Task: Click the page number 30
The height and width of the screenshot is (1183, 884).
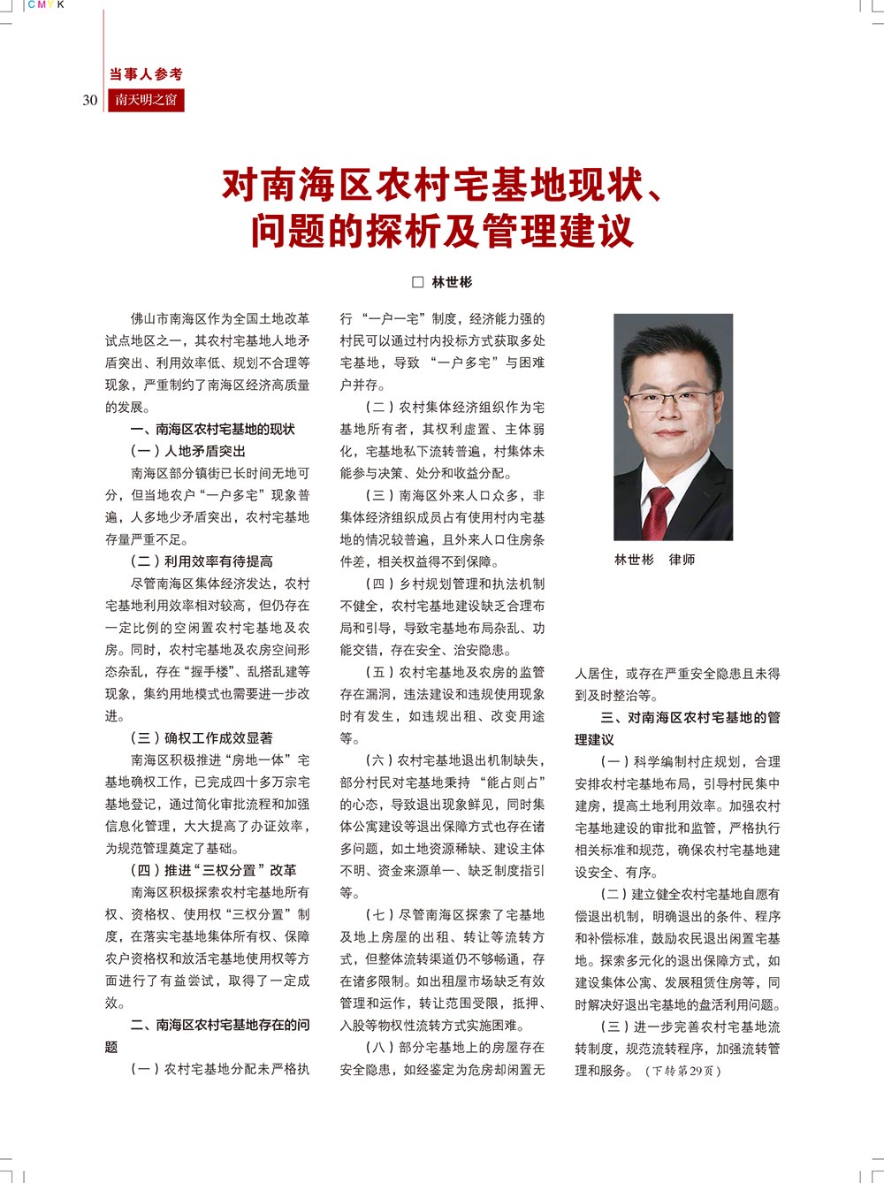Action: click(x=90, y=100)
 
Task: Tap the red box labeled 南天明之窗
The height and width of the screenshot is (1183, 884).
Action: click(x=146, y=100)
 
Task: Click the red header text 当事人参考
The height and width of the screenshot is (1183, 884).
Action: click(x=146, y=74)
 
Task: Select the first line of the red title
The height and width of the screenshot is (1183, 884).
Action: click(x=442, y=185)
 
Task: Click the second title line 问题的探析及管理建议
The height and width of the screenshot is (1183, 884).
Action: click(x=442, y=231)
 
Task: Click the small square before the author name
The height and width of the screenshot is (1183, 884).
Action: click(x=418, y=282)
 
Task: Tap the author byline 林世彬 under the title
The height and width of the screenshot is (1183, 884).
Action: click(x=452, y=282)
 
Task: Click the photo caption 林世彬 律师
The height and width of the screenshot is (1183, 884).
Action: click(x=655, y=560)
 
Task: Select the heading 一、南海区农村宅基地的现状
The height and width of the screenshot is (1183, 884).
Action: click(x=213, y=429)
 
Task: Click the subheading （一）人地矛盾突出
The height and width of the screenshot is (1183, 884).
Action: click(x=188, y=451)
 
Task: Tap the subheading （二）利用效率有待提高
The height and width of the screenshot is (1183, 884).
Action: click(x=202, y=561)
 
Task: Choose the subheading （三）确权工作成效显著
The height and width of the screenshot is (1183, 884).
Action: click(x=202, y=737)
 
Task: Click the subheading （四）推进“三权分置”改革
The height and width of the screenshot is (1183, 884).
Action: click(x=214, y=870)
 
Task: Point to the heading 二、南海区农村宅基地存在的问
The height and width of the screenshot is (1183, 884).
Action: click(x=220, y=1025)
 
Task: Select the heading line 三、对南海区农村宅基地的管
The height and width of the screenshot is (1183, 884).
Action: click(x=690, y=717)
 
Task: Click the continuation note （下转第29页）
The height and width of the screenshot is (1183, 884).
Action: click(x=683, y=1071)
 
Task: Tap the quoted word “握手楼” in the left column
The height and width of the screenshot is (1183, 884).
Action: click(x=213, y=672)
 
